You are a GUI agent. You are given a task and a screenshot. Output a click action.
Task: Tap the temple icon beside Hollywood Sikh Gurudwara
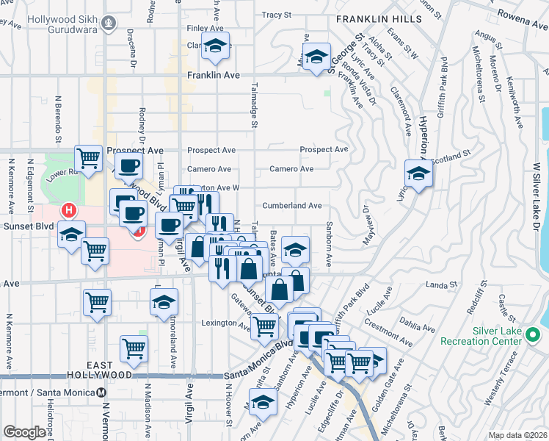pyautogui.click(x=109, y=24)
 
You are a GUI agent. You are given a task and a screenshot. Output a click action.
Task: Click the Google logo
pyautogui.click(x=24, y=432)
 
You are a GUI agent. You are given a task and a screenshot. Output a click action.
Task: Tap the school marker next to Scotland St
pyautogui.click(x=418, y=174)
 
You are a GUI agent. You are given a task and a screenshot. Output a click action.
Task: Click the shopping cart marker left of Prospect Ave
pyautogui.click(x=88, y=157)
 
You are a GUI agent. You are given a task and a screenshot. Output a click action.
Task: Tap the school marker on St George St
pyautogui.click(x=316, y=57)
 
